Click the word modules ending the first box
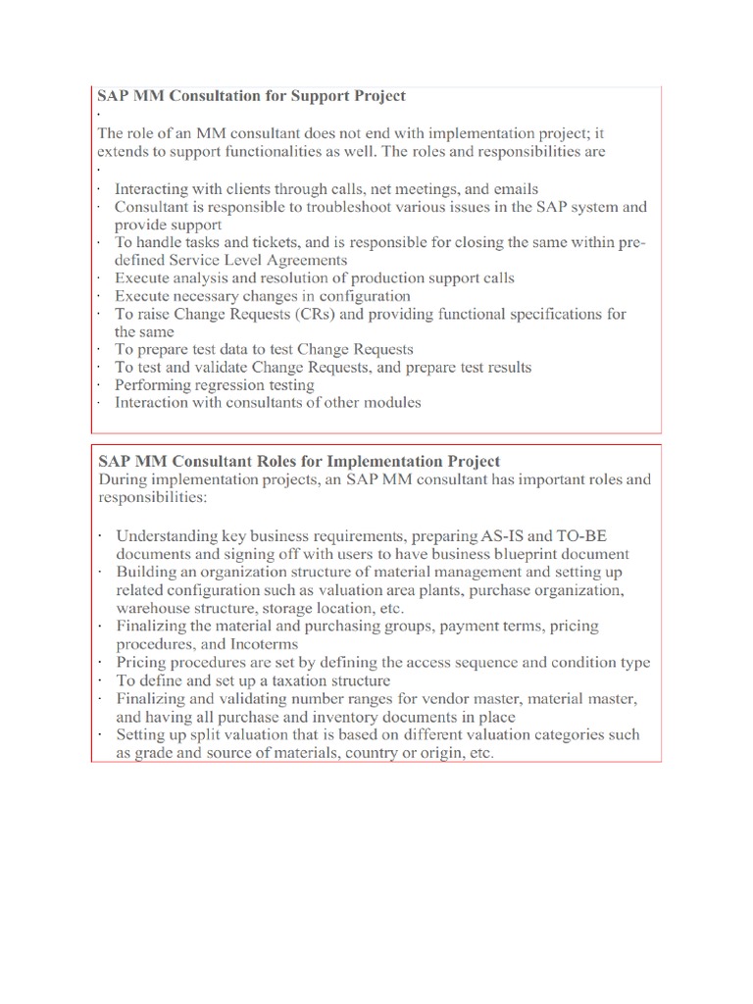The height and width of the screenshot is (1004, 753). (x=387, y=402)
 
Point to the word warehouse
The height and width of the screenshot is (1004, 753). (x=155, y=607)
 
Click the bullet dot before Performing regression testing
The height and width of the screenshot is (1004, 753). (x=100, y=385)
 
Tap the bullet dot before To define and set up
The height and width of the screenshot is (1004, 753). (x=100, y=680)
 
